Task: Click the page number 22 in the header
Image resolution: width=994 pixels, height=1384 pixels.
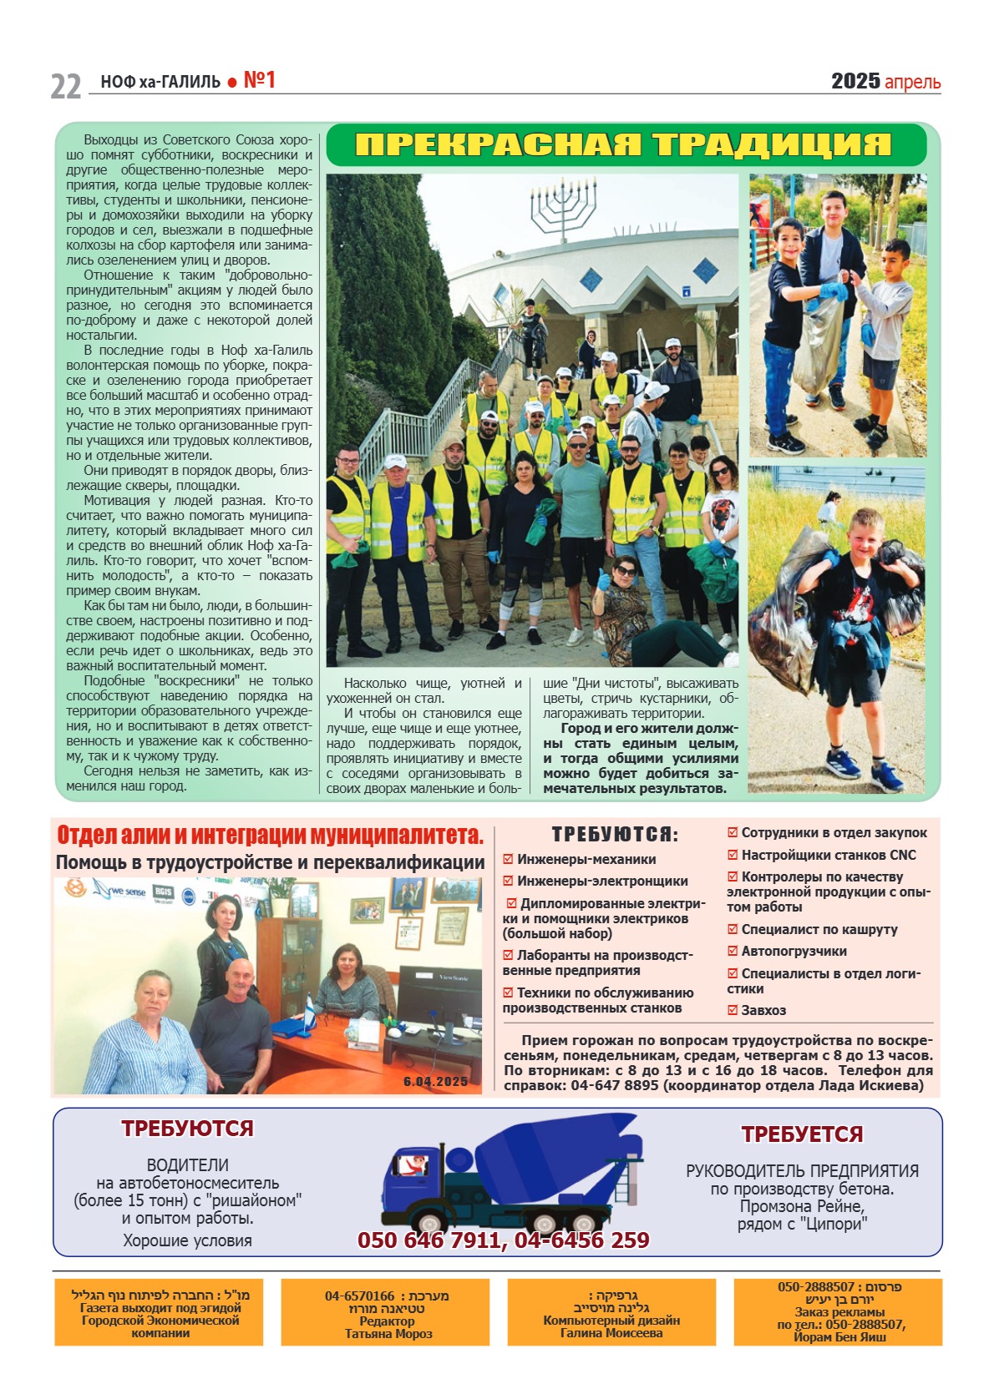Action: tap(66, 86)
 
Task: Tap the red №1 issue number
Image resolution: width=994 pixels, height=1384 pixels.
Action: tap(259, 80)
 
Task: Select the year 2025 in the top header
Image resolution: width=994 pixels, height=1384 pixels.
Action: tap(855, 81)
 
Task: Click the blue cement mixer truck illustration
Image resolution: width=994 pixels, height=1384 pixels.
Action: tap(510, 1177)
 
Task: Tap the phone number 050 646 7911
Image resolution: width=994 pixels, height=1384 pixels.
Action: tap(429, 1240)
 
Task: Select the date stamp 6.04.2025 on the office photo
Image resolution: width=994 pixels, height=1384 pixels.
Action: tap(435, 1081)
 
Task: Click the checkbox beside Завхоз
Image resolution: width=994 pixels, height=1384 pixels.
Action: tap(733, 1010)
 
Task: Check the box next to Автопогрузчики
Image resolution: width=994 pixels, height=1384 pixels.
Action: tap(733, 951)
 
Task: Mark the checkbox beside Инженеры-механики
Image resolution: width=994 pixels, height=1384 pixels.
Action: tap(508, 859)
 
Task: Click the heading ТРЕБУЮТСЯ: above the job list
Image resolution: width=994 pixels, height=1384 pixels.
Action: tap(615, 834)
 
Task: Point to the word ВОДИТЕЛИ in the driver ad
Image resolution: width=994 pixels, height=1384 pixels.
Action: tap(187, 1164)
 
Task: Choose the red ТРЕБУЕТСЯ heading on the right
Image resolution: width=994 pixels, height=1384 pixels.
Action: tap(802, 1134)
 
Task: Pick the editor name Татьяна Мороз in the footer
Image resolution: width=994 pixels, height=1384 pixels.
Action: tap(388, 1334)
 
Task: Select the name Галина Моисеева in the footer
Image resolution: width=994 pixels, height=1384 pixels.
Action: tap(611, 1333)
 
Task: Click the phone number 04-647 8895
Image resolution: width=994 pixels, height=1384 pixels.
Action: tap(615, 1085)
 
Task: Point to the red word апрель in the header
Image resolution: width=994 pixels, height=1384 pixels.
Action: tap(912, 82)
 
